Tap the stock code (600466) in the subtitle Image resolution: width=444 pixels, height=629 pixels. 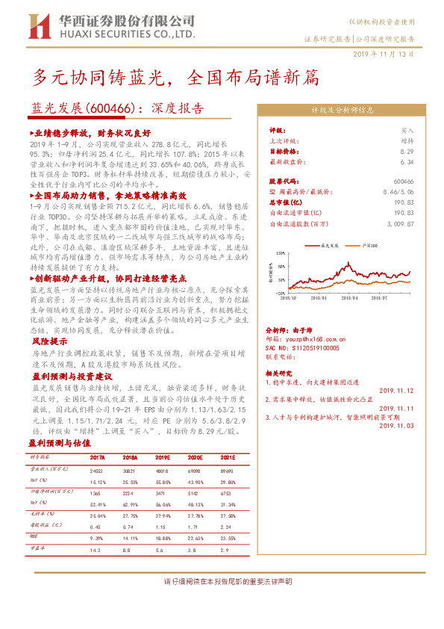111,108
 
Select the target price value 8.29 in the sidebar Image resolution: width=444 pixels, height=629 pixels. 406,151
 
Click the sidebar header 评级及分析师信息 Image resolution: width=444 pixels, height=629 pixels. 342,109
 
